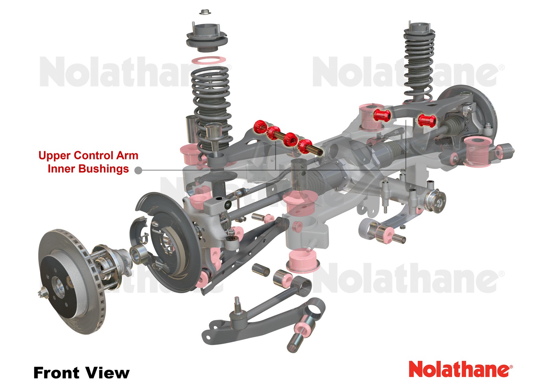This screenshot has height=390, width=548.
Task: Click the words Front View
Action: pos(82,373)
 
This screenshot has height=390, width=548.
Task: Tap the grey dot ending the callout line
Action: pos(138,170)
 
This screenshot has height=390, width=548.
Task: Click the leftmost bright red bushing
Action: pos(260,127)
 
